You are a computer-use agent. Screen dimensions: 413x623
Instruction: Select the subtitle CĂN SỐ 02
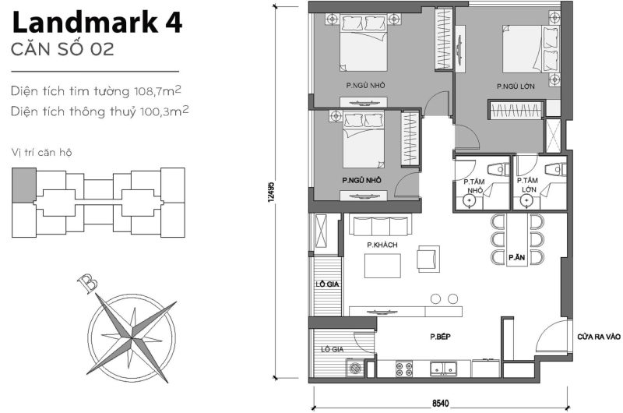coord(63,50)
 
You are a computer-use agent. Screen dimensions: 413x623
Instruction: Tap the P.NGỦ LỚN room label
coord(514,86)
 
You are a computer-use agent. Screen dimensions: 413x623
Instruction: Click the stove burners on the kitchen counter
coord(405,368)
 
